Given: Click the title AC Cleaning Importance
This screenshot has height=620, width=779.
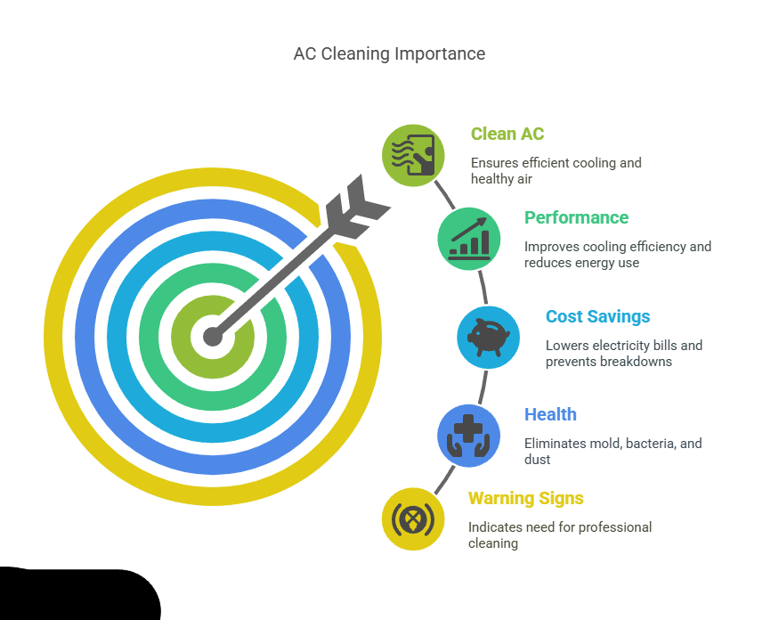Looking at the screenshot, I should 389,54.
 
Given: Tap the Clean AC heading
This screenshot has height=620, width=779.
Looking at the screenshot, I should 507,135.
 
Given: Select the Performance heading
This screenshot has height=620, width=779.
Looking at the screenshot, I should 576,218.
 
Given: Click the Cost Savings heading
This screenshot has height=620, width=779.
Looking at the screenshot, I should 597,317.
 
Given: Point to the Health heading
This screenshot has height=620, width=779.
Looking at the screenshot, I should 550,414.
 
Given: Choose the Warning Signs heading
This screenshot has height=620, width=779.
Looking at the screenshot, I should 525,499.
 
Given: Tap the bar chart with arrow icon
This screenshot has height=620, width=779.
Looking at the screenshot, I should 468,238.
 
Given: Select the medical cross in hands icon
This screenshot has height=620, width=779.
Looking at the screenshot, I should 467,435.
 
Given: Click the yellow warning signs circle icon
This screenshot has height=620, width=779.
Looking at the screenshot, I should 413,518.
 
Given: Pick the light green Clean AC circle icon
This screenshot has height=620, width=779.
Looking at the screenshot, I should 413,155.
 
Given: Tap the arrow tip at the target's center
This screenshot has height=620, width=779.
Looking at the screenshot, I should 212,336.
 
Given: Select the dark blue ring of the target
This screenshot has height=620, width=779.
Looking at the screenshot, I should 87,337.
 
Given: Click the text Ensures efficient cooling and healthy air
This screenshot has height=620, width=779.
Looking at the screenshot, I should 556,171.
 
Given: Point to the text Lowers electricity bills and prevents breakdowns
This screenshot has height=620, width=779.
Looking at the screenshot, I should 623,354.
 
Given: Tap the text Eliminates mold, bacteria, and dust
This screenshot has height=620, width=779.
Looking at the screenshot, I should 613,452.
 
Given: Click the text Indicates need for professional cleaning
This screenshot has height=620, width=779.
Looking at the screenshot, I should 559,535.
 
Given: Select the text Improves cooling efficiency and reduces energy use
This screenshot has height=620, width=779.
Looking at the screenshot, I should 617,255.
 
